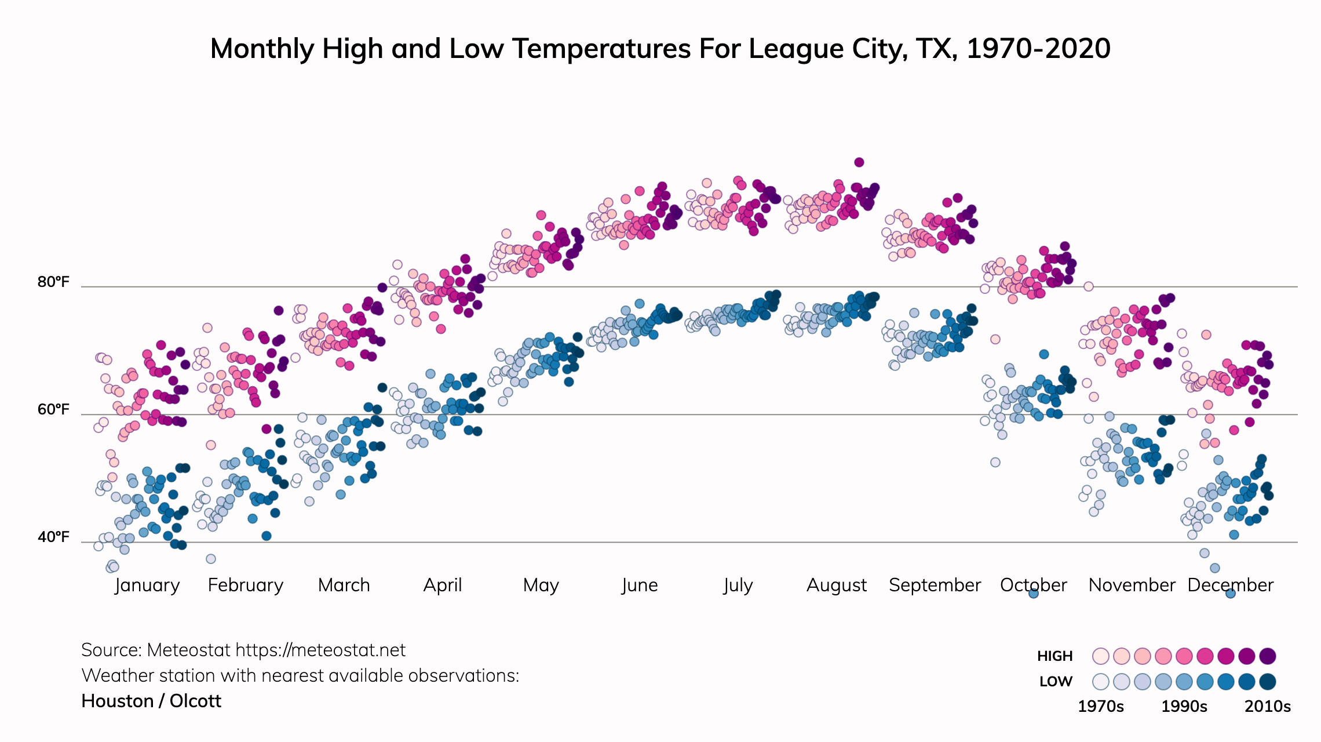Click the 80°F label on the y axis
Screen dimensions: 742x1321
(x=53, y=282)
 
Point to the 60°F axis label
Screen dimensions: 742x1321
(x=53, y=410)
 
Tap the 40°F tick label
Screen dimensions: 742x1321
(x=53, y=537)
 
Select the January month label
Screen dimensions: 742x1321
(x=147, y=585)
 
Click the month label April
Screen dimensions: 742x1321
(x=443, y=585)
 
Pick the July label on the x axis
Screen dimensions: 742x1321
(x=738, y=585)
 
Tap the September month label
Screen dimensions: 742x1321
(x=935, y=585)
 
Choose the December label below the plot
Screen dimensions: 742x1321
(x=1230, y=585)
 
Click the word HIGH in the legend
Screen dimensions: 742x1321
(x=1054, y=656)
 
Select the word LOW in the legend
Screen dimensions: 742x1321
(x=1056, y=682)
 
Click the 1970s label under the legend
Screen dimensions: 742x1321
(x=1100, y=707)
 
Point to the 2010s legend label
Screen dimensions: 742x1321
(x=1268, y=707)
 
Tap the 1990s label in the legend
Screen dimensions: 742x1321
(x=1184, y=707)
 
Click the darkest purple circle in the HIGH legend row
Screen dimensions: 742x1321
(x=1268, y=656)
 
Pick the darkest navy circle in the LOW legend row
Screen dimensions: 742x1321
(x=1268, y=682)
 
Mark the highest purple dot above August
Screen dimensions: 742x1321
(x=859, y=162)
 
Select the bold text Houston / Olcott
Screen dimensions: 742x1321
(x=151, y=701)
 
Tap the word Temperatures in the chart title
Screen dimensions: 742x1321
(x=602, y=49)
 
